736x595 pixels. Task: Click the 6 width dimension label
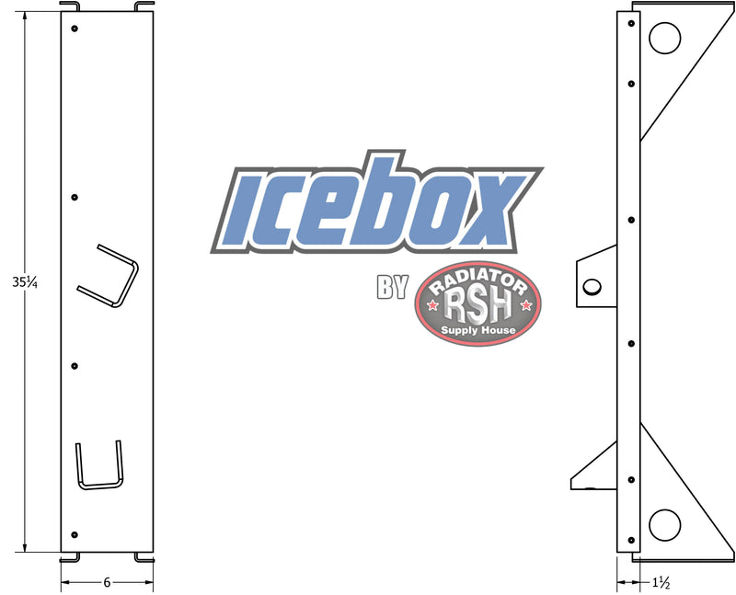(106, 582)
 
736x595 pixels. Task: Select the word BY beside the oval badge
(392, 288)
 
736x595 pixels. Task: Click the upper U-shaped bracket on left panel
(109, 277)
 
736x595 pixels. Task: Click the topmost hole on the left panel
(75, 29)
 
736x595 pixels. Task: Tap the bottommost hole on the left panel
(75, 534)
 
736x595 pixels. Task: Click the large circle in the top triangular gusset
(664, 39)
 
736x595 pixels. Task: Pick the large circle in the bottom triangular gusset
(663, 524)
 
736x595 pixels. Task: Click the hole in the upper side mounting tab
(592, 286)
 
